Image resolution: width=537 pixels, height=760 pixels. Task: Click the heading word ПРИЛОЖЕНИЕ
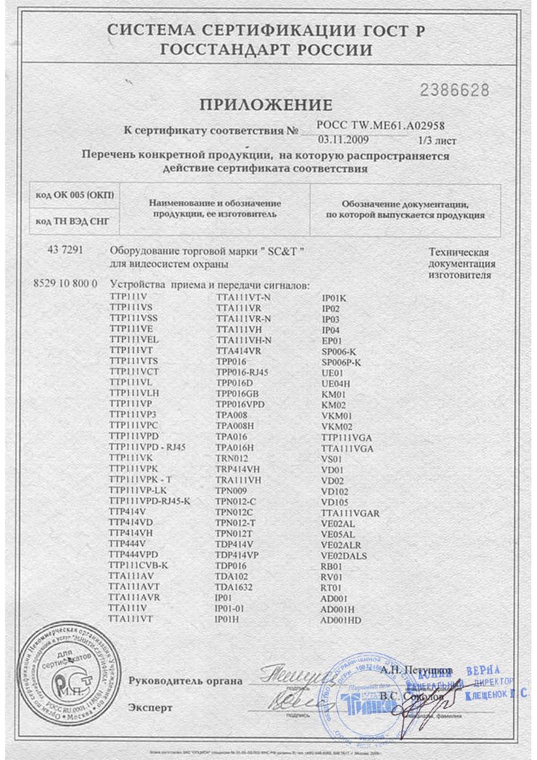266,105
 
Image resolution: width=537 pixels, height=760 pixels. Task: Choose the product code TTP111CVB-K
139,565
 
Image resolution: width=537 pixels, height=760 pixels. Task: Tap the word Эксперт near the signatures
151,707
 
